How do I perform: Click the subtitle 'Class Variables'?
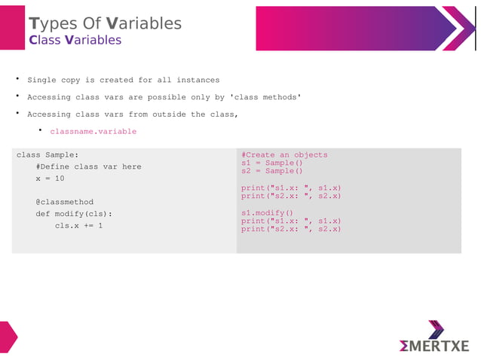(75, 40)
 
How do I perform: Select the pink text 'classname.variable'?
(93, 131)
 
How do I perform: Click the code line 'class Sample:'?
(47, 155)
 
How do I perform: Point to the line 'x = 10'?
(50, 178)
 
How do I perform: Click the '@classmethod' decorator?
(64, 202)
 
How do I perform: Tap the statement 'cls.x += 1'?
(78, 225)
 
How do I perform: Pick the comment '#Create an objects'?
(284, 154)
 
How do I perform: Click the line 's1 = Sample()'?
(271, 163)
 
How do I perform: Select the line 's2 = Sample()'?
(271, 171)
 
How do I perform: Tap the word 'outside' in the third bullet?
(169, 114)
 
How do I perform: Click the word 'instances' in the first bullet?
(198, 80)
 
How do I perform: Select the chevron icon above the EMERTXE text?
(436, 329)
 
